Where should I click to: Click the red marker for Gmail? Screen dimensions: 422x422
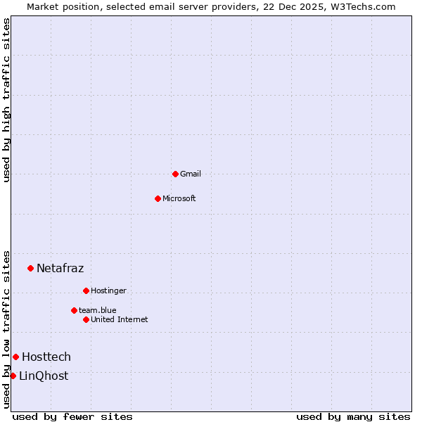(x=175, y=174)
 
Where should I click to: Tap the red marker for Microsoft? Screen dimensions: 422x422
(x=158, y=198)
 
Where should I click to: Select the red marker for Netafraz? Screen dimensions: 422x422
(x=30, y=268)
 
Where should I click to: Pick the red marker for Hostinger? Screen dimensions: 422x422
(x=86, y=290)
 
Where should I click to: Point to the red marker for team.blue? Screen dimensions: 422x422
(x=74, y=310)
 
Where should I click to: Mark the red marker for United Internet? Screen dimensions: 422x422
(x=86, y=319)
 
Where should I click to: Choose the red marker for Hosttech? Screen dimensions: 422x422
(x=15, y=357)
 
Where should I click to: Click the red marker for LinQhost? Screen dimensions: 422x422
(x=13, y=376)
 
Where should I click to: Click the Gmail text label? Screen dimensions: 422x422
(x=191, y=174)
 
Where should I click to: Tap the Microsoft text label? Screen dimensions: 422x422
(x=179, y=198)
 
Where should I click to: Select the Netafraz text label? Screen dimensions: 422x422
(x=60, y=268)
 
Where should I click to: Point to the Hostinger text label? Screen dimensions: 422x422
(x=108, y=290)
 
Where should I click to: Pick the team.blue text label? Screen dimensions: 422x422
(x=98, y=310)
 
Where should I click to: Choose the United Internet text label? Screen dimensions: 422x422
(x=120, y=319)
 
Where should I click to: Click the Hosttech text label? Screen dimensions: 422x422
(x=46, y=357)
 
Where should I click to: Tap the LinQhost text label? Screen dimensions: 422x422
(x=44, y=376)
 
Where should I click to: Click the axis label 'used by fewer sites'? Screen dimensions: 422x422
(x=72, y=416)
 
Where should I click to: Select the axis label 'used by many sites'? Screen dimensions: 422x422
(x=353, y=416)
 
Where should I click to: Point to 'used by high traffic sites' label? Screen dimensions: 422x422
(x=6, y=100)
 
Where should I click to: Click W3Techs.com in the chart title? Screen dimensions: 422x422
(x=363, y=6)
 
